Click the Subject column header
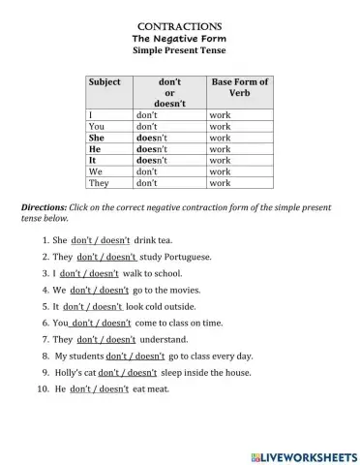105,82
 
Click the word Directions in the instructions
45,208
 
